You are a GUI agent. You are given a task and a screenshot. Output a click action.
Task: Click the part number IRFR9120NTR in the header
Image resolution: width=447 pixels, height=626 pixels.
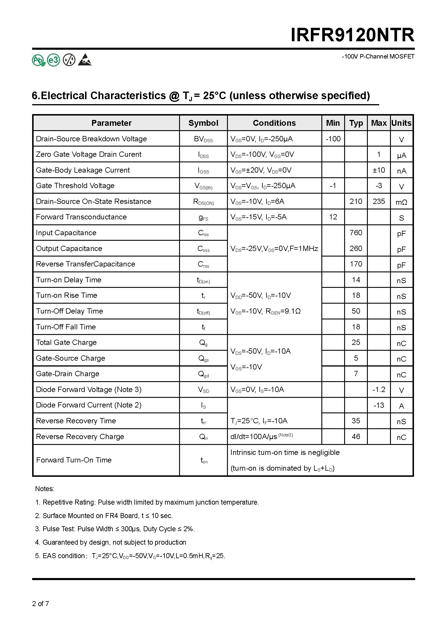(x=352, y=35)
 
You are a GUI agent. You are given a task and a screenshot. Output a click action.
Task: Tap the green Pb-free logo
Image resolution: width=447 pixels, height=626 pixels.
(x=38, y=60)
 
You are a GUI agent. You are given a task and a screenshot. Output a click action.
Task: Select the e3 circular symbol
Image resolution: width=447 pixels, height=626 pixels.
(x=53, y=60)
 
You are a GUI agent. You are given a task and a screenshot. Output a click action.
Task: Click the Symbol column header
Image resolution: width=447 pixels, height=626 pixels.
(x=203, y=123)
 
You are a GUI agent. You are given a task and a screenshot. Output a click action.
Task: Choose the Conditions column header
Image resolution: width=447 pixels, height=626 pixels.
(x=274, y=123)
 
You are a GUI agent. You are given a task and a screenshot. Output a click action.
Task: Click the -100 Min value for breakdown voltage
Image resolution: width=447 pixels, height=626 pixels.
(x=333, y=139)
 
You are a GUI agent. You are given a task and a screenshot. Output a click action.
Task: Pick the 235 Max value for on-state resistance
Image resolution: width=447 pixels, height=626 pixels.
(x=379, y=201)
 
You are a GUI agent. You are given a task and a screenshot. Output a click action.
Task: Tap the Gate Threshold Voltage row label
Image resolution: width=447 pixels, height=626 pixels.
(x=75, y=185)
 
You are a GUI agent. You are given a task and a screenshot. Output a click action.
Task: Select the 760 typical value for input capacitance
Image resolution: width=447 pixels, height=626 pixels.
(x=356, y=233)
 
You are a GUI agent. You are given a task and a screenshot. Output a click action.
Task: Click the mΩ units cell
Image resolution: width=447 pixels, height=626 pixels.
(x=401, y=202)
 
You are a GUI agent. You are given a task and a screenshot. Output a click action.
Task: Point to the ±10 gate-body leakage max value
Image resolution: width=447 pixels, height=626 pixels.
(x=379, y=170)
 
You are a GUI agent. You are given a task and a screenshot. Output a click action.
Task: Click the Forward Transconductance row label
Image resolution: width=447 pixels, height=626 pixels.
(x=81, y=217)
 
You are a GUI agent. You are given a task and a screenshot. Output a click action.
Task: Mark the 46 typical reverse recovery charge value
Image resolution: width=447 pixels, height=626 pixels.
(x=356, y=436)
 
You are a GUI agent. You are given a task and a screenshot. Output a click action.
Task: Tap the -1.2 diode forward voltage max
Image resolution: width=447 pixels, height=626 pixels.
(x=379, y=389)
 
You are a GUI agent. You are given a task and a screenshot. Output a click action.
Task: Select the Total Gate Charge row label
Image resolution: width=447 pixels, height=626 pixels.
(x=66, y=342)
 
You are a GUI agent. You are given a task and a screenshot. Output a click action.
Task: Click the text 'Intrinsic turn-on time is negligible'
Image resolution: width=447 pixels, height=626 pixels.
(x=285, y=452)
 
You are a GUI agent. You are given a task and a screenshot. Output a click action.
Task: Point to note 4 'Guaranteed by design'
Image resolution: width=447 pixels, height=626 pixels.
(x=110, y=542)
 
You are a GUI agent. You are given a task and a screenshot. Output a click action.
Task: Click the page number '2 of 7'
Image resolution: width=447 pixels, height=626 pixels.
(x=41, y=603)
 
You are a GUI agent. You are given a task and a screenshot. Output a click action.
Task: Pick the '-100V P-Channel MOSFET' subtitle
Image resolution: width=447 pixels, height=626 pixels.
(x=378, y=56)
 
